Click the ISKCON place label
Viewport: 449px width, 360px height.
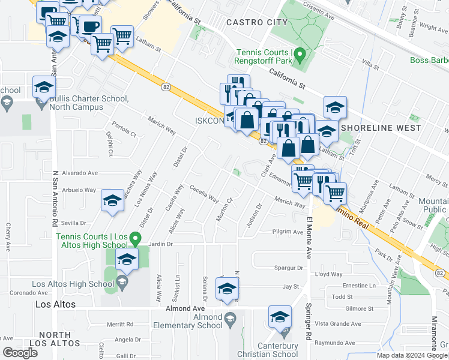208,121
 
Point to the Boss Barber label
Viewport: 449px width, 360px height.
429,60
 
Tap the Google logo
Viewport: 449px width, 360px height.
20,352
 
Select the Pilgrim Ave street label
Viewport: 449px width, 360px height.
288,232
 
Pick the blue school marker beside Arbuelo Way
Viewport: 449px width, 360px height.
112,200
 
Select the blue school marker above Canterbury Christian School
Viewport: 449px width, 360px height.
280,317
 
